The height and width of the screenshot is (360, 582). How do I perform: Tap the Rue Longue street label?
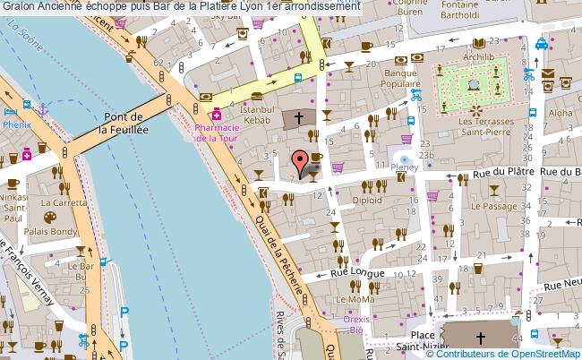358,272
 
